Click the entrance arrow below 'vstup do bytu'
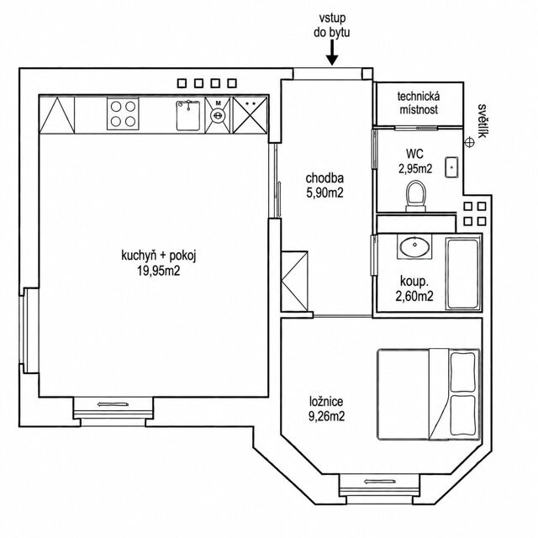pyautogui.click(x=332, y=52)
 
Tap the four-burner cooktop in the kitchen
pyautogui.click(x=123, y=113)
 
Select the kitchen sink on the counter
pyautogui.click(x=188, y=115)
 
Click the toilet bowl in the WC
pyautogui.click(x=416, y=196)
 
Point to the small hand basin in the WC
pyautogui.click(x=451, y=167)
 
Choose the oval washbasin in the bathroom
pyautogui.click(x=414, y=246)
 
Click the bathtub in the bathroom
pyautogui.click(x=463, y=273)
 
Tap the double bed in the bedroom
pyautogui.click(x=428, y=394)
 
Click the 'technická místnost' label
pyautogui.click(x=419, y=103)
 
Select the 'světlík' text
pyautogui.click(x=482, y=121)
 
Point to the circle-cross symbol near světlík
pyautogui.click(x=470, y=142)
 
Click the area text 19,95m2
pyautogui.click(x=159, y=271)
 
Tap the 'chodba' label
pyautogui.click(x=324, y=178)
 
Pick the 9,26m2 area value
pyautogui.click(x=326, y=416)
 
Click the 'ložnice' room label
pyautogui.click(x=326, y=402)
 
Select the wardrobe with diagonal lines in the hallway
pyautogui.click(x=294, y=281)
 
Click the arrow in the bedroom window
pyautogui.click(x=379, y=482)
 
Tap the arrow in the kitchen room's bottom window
pyautogui.click(x=113, y=404)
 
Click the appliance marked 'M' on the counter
pyautogui.click(x=218, y=115)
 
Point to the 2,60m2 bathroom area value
pyautogui.click(x=414, y=296)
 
